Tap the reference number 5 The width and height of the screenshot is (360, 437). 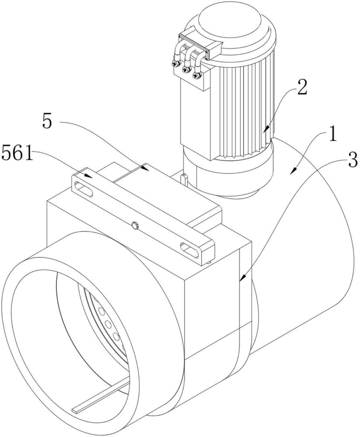coord(47,121)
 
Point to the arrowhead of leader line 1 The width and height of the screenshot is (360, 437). coord(294,171)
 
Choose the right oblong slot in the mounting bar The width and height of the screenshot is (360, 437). coord(190,249)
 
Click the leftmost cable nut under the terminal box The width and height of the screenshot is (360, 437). coord(176,64)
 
